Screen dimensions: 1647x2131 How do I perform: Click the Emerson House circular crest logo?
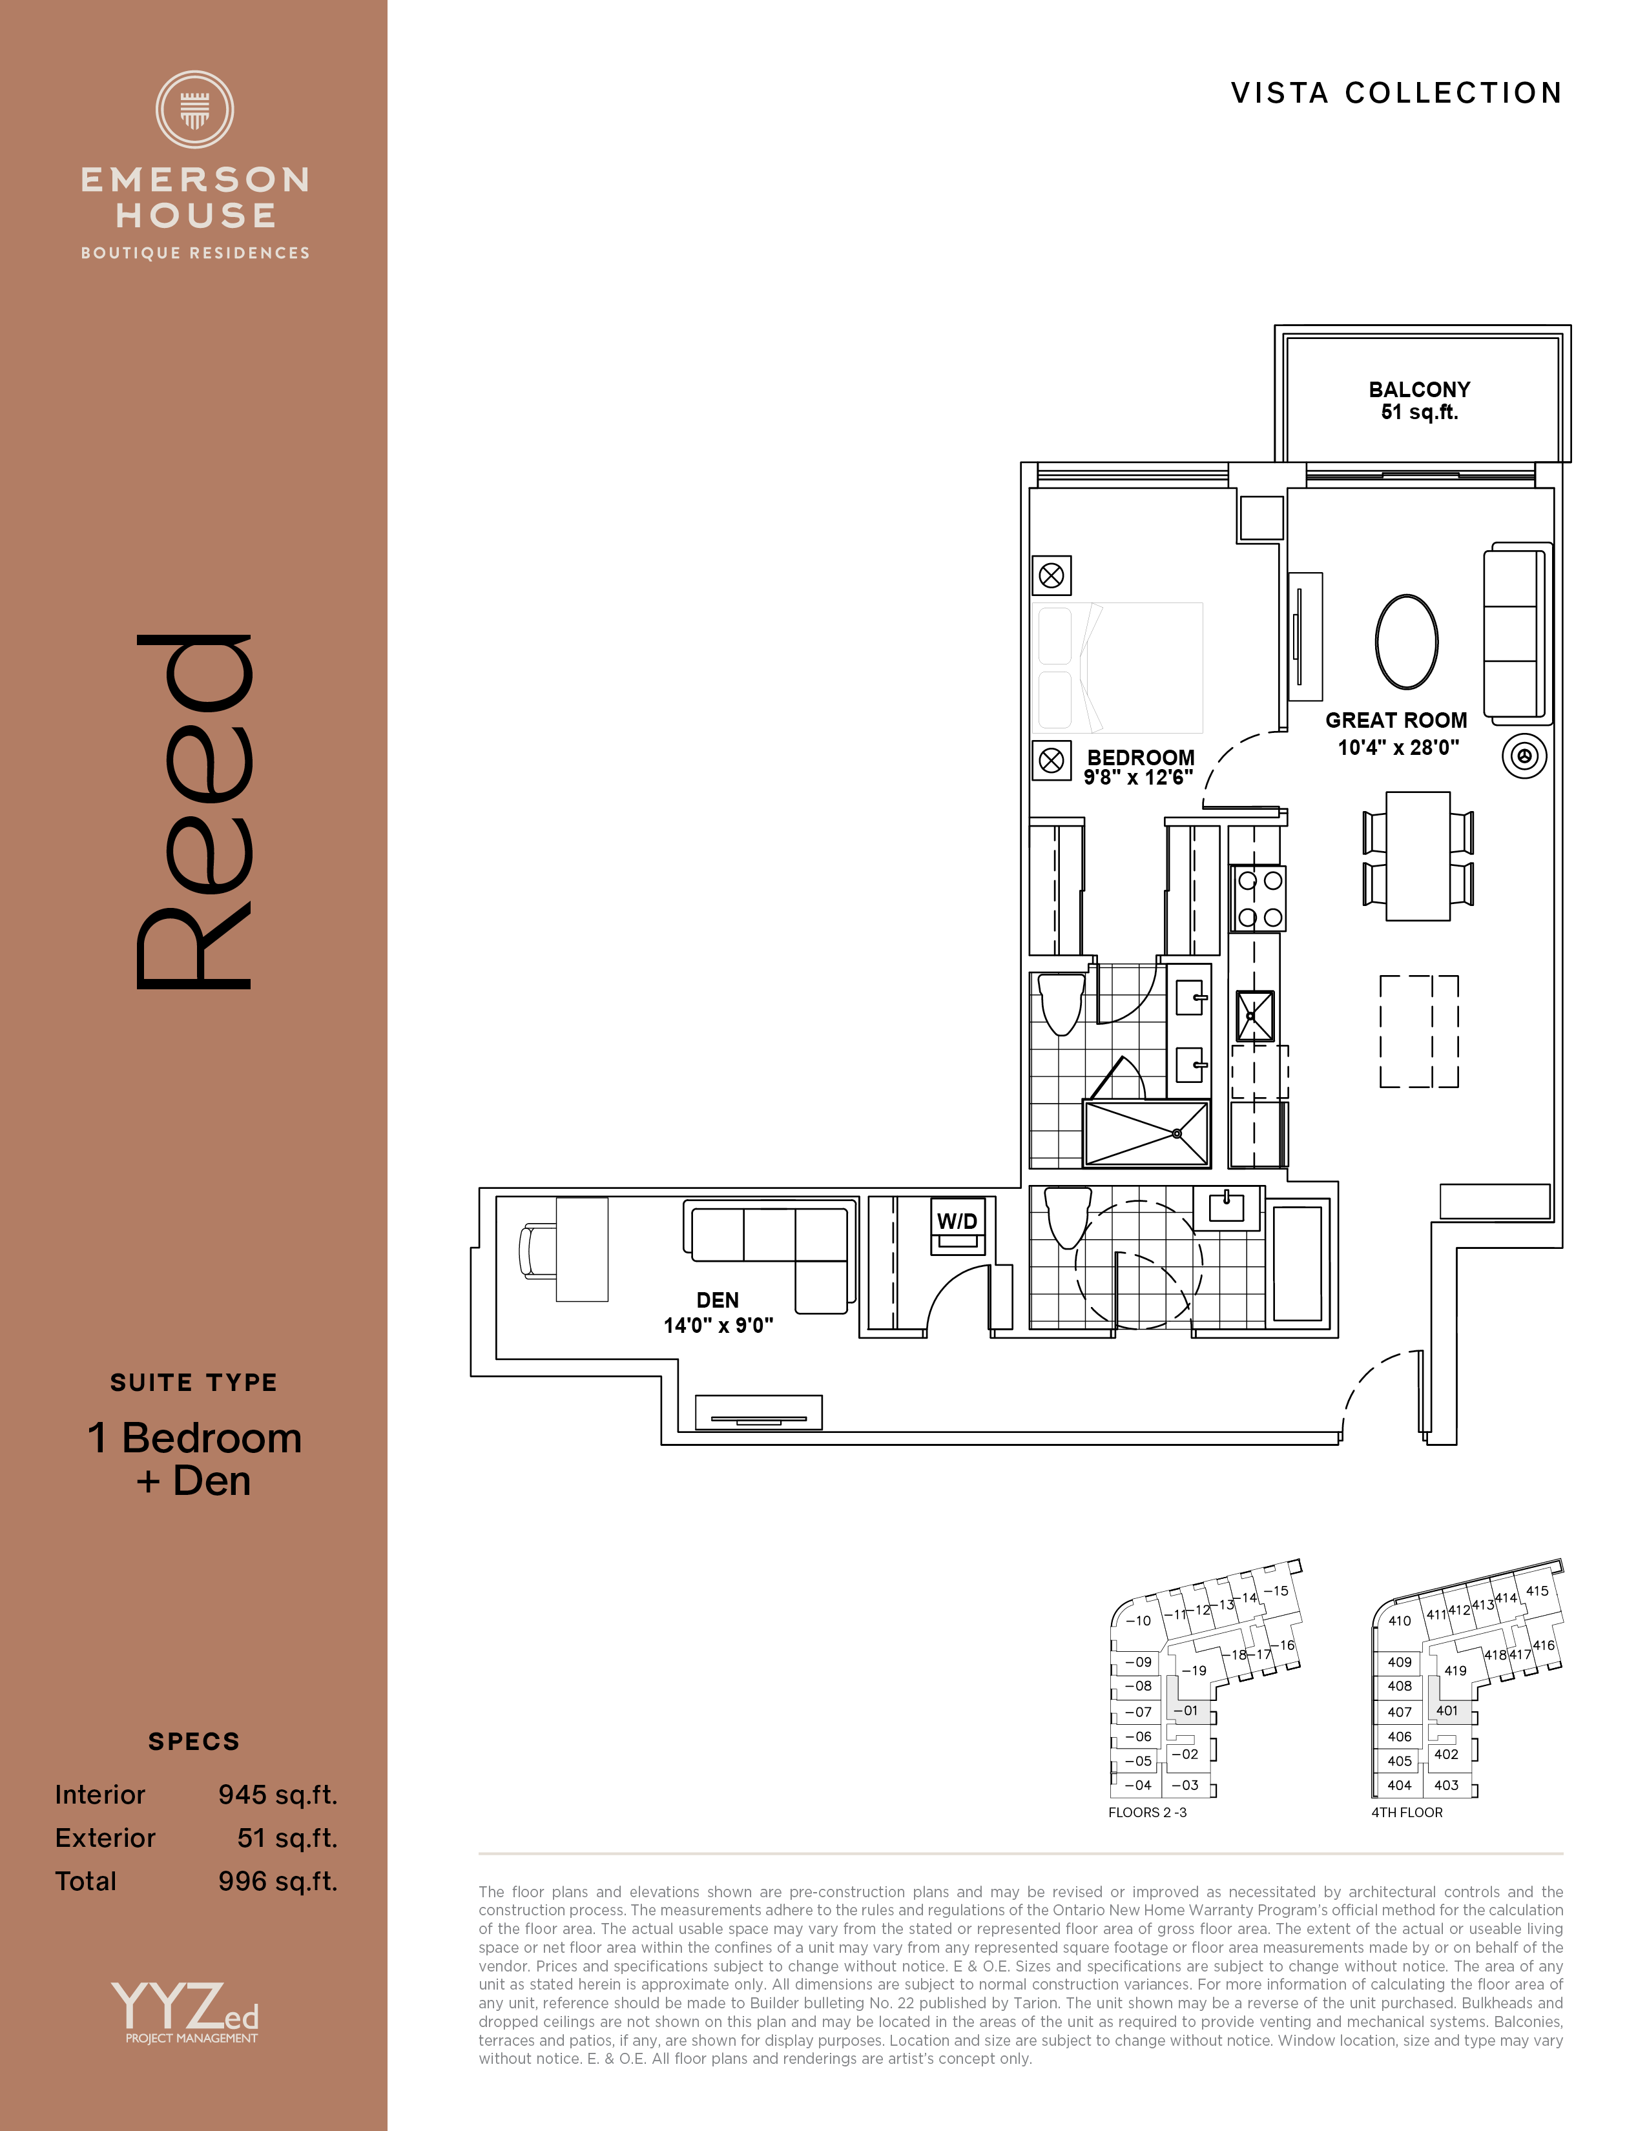[195, 109]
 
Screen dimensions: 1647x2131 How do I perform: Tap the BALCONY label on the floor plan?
[1419, 389]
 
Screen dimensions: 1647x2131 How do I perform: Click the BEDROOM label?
[1141, 757]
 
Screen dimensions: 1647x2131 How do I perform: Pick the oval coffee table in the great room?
[1406, 642]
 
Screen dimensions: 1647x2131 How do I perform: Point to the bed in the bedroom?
[1117, 668]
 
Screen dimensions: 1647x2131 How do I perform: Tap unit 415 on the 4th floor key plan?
[1537, 1591]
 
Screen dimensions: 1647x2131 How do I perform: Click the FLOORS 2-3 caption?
[1148, 1812]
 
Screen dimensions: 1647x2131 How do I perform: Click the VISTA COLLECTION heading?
[1396, 93]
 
